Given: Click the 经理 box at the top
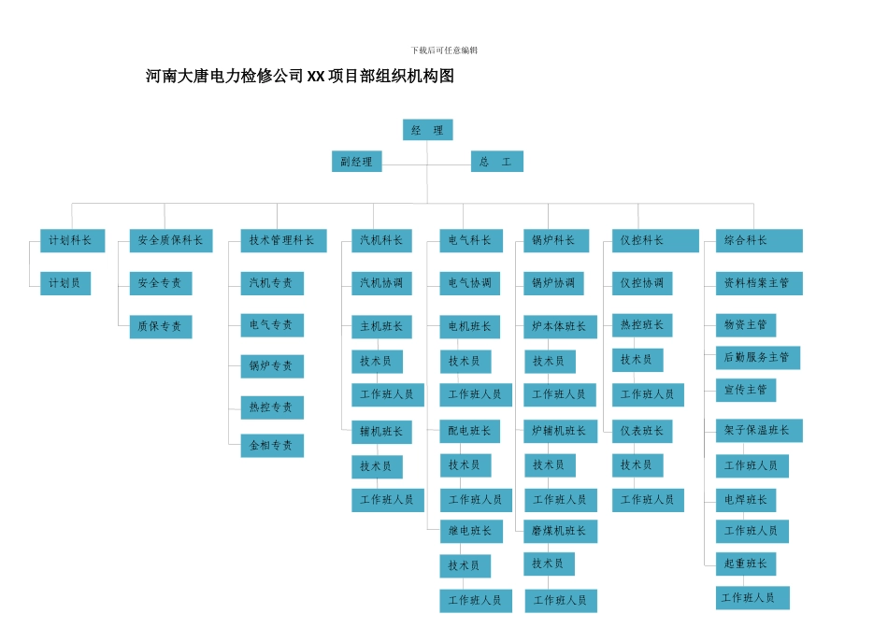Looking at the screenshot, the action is [x=427, y=130].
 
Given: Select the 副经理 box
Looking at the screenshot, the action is [x=356, y=162].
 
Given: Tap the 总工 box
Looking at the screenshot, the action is [x=496, y=162].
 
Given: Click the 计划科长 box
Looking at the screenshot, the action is [x=72, y=240].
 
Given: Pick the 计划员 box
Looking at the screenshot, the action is [x=65, y=283].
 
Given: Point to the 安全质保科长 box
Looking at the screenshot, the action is [x=170, y=240].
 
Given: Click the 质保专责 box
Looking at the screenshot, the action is [x=161, y=326].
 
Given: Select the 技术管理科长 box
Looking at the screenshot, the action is [x=283, y=240].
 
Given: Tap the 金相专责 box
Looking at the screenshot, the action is [x=271, y=446].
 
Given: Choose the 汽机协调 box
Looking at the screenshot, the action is [x=381, y=283].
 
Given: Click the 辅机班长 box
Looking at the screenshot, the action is [x=381, y=432].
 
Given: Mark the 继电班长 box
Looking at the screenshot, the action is [x=471, y=531].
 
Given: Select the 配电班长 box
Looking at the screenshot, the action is [x=470, y=431].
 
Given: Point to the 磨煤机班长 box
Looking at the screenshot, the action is [x=560, y=531].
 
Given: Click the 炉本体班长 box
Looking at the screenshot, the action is [x=560, y=326].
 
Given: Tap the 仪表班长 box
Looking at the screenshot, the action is [x=642, y=431].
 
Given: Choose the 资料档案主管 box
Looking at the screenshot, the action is [x=758, y=283].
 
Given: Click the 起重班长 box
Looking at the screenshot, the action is [x=746, y=564].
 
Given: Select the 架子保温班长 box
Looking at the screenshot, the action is [x=758, y=431].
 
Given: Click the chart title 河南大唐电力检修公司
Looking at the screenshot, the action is [x=300, y=77].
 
